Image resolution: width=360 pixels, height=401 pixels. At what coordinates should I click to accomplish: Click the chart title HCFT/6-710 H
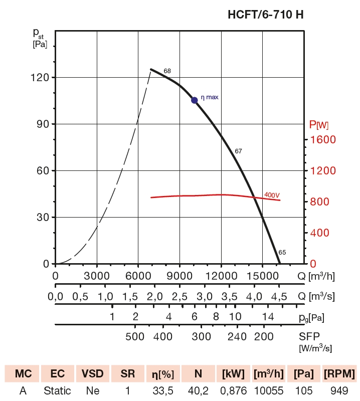(x=265, y=15)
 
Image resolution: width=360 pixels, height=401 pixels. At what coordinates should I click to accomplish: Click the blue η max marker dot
(x=195, y=100)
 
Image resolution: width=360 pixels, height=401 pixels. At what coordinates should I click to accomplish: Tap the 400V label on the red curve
(x=271, y=194)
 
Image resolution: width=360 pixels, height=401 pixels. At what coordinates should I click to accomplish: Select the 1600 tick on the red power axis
(x=322, y=140)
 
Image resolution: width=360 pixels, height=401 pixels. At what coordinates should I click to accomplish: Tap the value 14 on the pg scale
(x=268, y=316)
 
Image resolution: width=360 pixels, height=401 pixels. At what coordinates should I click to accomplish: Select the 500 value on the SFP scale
(x=134, y=336)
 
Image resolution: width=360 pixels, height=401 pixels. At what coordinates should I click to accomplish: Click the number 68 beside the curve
(x=167, y=71)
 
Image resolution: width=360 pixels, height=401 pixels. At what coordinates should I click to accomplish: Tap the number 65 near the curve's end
(x=282, y=252)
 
